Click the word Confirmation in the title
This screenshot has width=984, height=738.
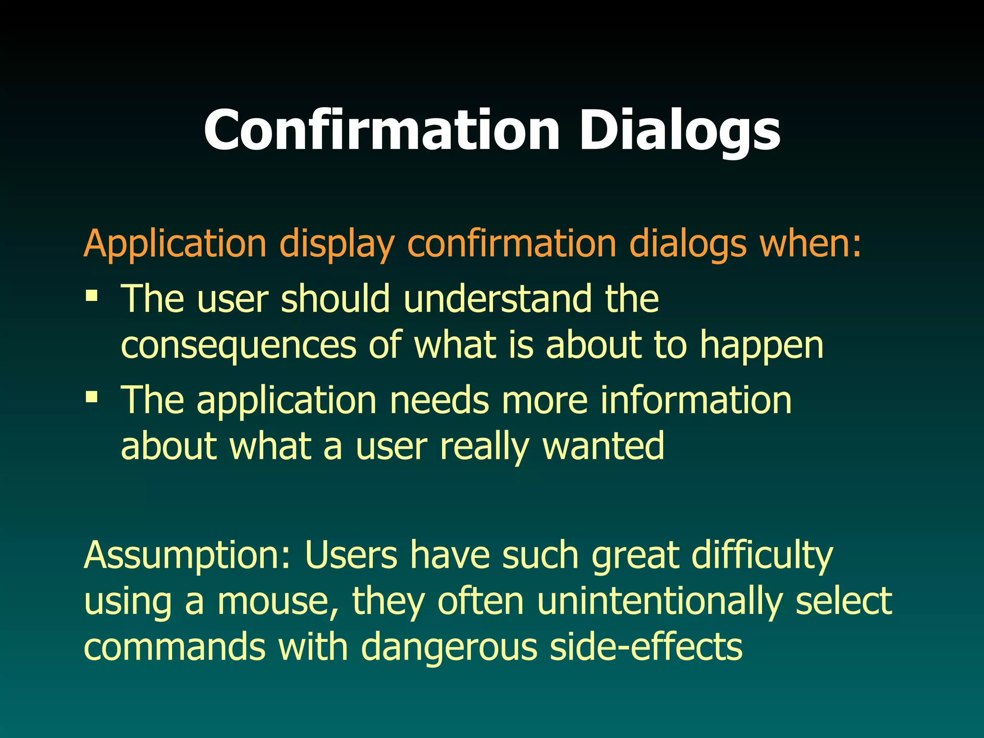[382, 130]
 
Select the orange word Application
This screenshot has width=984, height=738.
[175, 244]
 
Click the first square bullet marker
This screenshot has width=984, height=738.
[91, 295]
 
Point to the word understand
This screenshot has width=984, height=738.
[498, 299]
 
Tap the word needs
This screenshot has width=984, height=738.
[439, 400]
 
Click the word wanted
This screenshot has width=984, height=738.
[603, 446]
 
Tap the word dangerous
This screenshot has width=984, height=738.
[449, 648]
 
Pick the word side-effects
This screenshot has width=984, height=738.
[646, 647]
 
